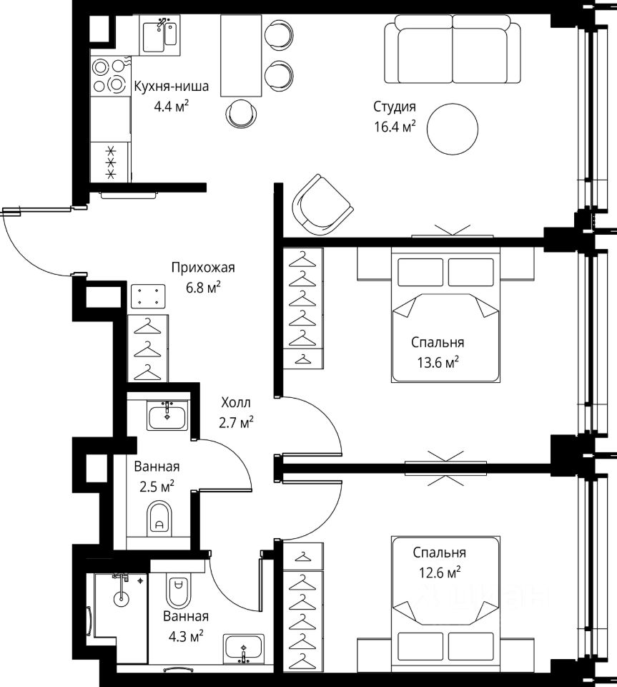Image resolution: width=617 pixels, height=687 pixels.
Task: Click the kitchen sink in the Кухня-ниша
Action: click(x=159, y=35)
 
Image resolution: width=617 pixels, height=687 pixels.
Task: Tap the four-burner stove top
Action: click(x=110, y=75)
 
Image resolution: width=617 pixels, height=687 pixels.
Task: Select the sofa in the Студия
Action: click(x=453, y=49)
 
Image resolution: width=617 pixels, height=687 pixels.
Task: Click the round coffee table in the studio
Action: click(x=453, y=128)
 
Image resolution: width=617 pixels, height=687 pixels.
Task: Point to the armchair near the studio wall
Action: click(x=322, y=204)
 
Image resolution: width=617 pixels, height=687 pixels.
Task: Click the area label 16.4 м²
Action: click(x=394, y=127)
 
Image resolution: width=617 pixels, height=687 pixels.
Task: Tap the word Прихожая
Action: click(x=203, y=267)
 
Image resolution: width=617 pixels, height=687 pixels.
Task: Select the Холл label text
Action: click(x=236, y=401)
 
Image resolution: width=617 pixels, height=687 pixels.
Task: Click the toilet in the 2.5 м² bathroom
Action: click(x=159, y=518)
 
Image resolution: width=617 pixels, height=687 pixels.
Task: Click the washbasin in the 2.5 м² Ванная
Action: click(x=167, y=417)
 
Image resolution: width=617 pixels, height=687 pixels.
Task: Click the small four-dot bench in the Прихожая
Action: click(x=148, y=296)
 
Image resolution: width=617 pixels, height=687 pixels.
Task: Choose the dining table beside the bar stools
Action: click(x=241, y=55)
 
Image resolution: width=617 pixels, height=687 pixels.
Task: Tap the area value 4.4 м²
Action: click(x=171, y=107)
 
